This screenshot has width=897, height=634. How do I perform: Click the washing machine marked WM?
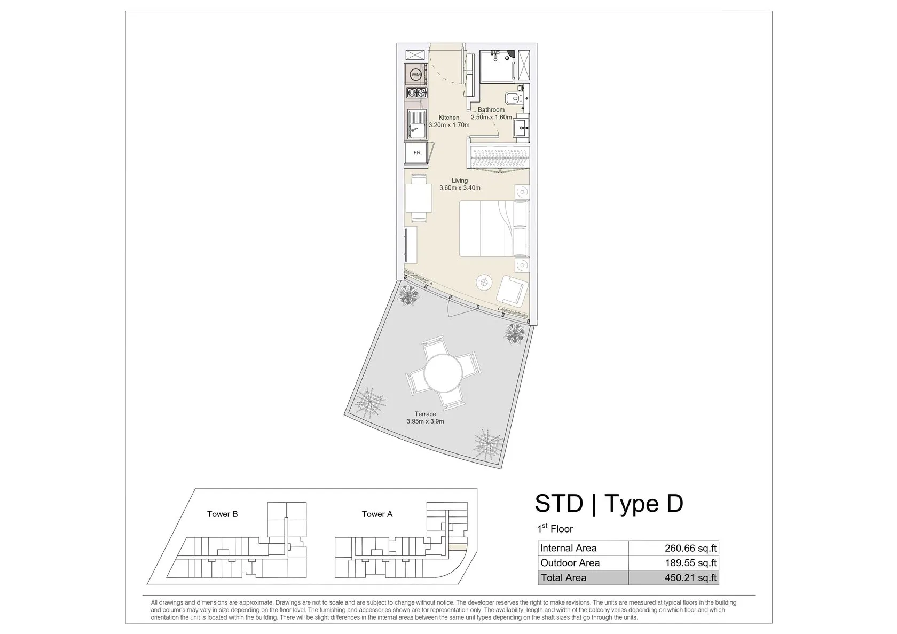(x=416, y=74)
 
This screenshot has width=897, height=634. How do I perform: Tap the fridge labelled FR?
(x=416, y=153)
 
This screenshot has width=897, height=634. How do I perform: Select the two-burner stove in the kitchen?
(x=416, y=92)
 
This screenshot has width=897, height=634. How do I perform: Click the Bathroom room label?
(x=491, y=109)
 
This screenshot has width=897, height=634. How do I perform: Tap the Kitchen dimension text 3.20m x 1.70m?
(x=449, y=125)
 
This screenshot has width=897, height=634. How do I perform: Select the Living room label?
(x=459, y=181)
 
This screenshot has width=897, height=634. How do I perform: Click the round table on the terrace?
(x=443, y=373)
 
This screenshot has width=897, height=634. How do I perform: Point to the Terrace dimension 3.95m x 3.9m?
(x=425, y=421)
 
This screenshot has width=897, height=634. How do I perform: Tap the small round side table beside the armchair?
(x=484, y=283)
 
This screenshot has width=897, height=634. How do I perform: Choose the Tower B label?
(x=222, y=514)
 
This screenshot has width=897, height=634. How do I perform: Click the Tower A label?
(x=377, y=514)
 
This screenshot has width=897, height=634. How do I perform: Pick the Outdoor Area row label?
(x=570, y=563)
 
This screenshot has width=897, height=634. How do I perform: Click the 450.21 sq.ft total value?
(x=690, y=577)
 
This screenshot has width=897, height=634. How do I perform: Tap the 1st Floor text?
(x=555, y=528)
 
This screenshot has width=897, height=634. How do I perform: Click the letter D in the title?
(x=675, y=504)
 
